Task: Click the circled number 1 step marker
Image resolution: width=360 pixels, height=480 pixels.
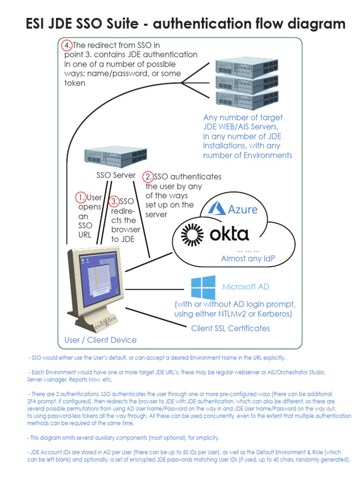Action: pos(82,197)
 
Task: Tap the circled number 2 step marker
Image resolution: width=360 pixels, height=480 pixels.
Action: pos(148,177)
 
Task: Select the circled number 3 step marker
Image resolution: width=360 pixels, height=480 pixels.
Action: pos(114,201)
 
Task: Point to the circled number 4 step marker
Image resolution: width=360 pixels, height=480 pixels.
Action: pos(67,45)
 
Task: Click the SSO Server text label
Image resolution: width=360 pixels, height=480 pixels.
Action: pos(116,175)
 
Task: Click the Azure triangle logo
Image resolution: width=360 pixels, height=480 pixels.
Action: pos(217,208)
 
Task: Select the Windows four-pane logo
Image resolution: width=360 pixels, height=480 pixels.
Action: pos(203,287)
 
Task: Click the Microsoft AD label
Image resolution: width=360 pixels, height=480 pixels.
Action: pos(246,286)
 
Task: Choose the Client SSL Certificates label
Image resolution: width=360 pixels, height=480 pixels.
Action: pos(230,328)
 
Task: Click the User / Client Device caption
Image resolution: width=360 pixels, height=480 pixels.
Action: pos(100,340)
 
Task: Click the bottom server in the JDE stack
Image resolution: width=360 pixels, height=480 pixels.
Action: pos(240,99)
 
